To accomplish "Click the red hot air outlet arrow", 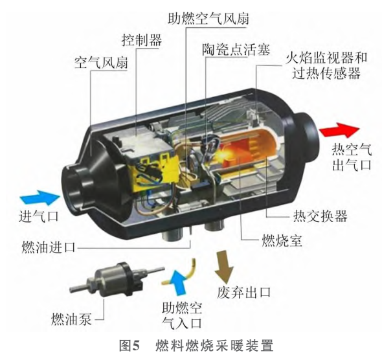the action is (339, 130).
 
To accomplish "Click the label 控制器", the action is (142, 40).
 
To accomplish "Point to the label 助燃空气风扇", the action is (208, 18).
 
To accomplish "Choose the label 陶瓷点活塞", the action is (236, 50).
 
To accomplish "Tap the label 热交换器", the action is (320, 216).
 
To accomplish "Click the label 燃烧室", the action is (282, 240).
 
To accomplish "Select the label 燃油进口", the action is (49, 247).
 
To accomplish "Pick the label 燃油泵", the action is (71, 319).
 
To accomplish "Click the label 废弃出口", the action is (244, 292).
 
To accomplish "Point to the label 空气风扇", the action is (101, 62).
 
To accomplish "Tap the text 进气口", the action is (39, 216).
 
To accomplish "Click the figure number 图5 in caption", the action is (129, 346).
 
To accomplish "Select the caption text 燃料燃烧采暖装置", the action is (214, 346).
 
